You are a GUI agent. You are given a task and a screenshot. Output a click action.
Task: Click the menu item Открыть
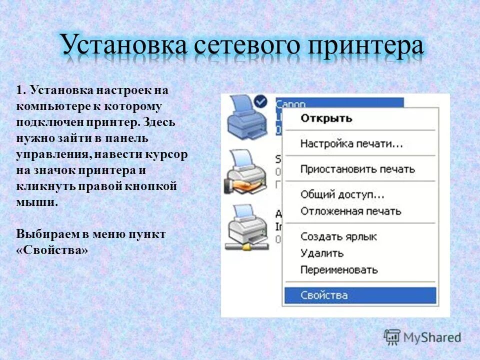[x=326, y=118]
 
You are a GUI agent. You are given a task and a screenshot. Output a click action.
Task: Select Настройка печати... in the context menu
[x=351, y=144]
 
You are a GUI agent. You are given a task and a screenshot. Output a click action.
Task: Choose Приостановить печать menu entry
[x=357, y=169]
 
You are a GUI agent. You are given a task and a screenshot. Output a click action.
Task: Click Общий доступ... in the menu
[x=342, y=194]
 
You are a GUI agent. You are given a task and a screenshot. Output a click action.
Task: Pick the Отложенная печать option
[x=350, y=211]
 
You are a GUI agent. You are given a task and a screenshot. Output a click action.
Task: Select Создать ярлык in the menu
[x=338, y=236]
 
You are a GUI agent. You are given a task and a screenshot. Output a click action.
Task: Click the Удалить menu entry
[x=322, y=253]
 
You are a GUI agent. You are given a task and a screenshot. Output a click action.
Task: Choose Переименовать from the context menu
[x=338, y=270]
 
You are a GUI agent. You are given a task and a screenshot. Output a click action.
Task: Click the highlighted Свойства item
[x=324, y=295]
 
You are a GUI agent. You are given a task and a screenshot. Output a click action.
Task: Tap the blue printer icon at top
[x=245, y=120]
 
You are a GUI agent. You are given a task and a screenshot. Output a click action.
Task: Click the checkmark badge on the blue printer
[x=260, y=102]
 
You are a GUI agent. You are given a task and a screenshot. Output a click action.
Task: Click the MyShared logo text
[x=432, y=337]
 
